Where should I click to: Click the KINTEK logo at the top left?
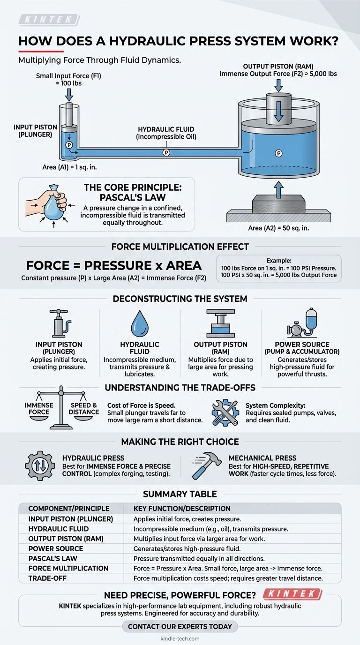tap(49, 20)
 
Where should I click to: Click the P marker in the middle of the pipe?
tap(166, 152)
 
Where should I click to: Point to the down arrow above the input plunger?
tap(69, 94)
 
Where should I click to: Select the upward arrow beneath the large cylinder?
tap(278, 189)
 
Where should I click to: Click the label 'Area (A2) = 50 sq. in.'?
tap(278, 228)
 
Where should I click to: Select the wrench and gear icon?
tap(225, 411)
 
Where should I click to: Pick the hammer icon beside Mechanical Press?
tap(207, 465)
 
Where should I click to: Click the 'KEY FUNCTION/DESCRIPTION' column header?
tap(182, 508)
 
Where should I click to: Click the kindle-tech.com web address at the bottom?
tap(180, 638)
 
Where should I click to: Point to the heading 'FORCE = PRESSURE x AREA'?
tap(114, 265)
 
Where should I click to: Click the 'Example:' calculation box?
tap(279, 268)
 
